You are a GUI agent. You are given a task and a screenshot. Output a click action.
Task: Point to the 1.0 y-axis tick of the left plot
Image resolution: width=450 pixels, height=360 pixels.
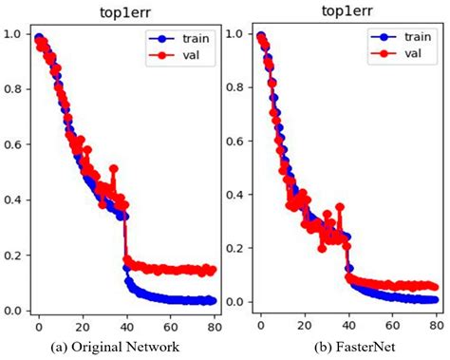click(x=10, y=34)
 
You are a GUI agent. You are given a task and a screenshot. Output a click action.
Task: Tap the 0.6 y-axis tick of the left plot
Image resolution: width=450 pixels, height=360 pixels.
click(x=10, y=144)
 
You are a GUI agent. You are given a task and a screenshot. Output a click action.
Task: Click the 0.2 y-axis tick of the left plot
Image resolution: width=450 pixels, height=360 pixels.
click(x=10, y=255)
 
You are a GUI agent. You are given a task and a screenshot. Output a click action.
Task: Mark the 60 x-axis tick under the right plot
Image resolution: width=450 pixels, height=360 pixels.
click(x=394, y=326)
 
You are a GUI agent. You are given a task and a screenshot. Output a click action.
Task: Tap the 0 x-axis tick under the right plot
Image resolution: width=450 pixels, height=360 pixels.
click(x=261, y=326)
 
